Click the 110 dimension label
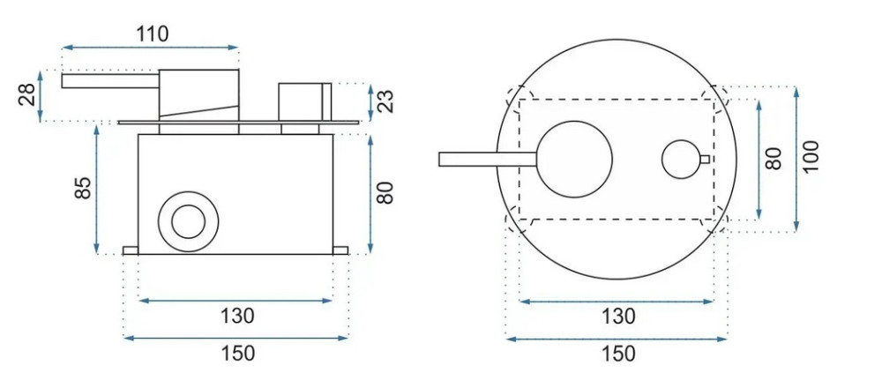point(153,34)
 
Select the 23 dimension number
point(386,101)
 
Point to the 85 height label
point(82,188)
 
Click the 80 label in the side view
point(385,192)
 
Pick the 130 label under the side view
point(237,316)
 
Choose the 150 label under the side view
point(237,354)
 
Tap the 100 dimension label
point(811,156)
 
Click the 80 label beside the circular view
point(774,159)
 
